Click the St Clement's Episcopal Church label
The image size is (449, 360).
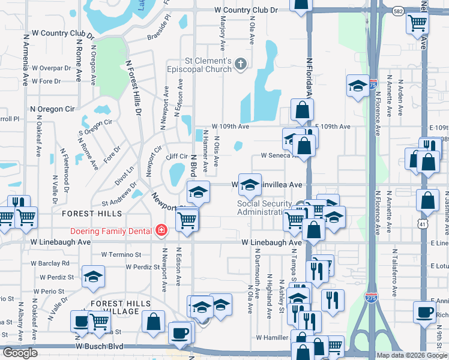pos(208,65)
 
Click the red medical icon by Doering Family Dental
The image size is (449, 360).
pos(161,230)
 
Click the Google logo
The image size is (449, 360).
pos(20,353)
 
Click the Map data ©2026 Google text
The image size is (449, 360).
pos(412,355)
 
